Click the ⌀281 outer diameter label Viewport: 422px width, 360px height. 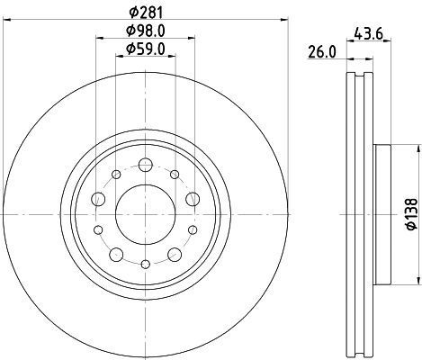(x=146, y=13)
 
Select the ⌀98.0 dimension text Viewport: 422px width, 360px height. (x=146, y=31)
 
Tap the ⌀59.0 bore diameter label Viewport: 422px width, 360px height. (x=146, y=49)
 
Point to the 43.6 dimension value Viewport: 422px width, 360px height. (x=369, y=33)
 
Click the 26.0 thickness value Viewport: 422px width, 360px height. (x=322, y=52)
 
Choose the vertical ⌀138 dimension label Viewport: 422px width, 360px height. (x=412, y=214)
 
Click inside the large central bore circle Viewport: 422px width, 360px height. (x=146, y=214)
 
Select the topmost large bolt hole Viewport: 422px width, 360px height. (x=146, y=165)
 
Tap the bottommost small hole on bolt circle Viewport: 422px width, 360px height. (x=146, y=265)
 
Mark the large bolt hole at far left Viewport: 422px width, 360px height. (x=98, y=199)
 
